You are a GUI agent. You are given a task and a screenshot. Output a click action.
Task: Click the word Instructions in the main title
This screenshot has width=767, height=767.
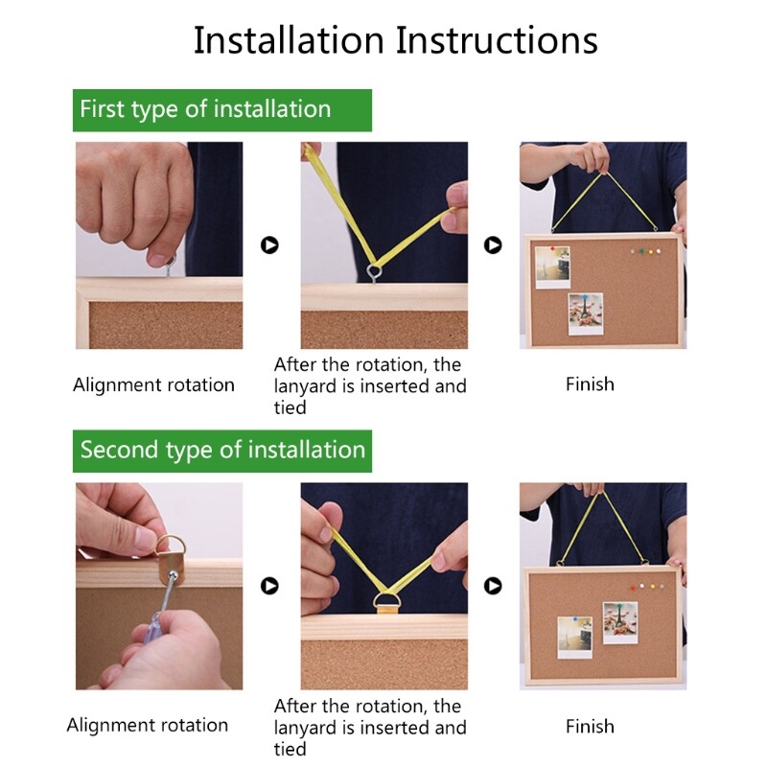point(497,40)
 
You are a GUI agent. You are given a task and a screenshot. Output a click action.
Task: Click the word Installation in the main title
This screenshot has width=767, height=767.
point(289,40)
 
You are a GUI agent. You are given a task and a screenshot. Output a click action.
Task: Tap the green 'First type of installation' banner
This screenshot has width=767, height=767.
point(222,110)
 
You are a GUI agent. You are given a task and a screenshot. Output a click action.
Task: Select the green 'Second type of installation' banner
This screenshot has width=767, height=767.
point(222,451)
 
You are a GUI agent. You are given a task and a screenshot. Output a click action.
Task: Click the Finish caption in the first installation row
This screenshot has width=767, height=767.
point(590,384)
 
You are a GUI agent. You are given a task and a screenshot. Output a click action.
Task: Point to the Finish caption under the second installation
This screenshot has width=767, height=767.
point(590,727)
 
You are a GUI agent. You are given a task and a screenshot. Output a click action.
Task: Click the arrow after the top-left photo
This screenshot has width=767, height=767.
point(269,244)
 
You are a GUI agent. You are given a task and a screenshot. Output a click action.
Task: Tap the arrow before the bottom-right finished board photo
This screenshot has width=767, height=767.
point(493,586)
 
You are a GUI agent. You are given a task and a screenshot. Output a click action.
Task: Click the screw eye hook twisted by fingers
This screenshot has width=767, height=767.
point(170,265)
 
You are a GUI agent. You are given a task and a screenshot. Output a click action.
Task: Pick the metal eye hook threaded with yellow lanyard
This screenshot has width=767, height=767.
point(374,272)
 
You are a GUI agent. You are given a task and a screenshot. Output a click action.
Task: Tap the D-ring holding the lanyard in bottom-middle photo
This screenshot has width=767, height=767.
point(386,601)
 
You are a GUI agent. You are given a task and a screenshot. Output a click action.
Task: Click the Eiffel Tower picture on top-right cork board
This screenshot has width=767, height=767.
point(586,314)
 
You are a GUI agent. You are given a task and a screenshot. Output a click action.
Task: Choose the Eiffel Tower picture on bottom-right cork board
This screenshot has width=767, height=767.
point(620,622)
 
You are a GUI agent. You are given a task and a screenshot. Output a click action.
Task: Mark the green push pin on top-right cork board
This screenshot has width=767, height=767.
point(641,251)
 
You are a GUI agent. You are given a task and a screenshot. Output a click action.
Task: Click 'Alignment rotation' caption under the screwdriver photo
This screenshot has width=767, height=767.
point(148,725)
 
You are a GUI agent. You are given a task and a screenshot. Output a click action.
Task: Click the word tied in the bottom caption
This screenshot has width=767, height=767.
point(291,749)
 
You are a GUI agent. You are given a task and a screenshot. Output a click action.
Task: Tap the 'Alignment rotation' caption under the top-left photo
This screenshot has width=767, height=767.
point(153,385)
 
